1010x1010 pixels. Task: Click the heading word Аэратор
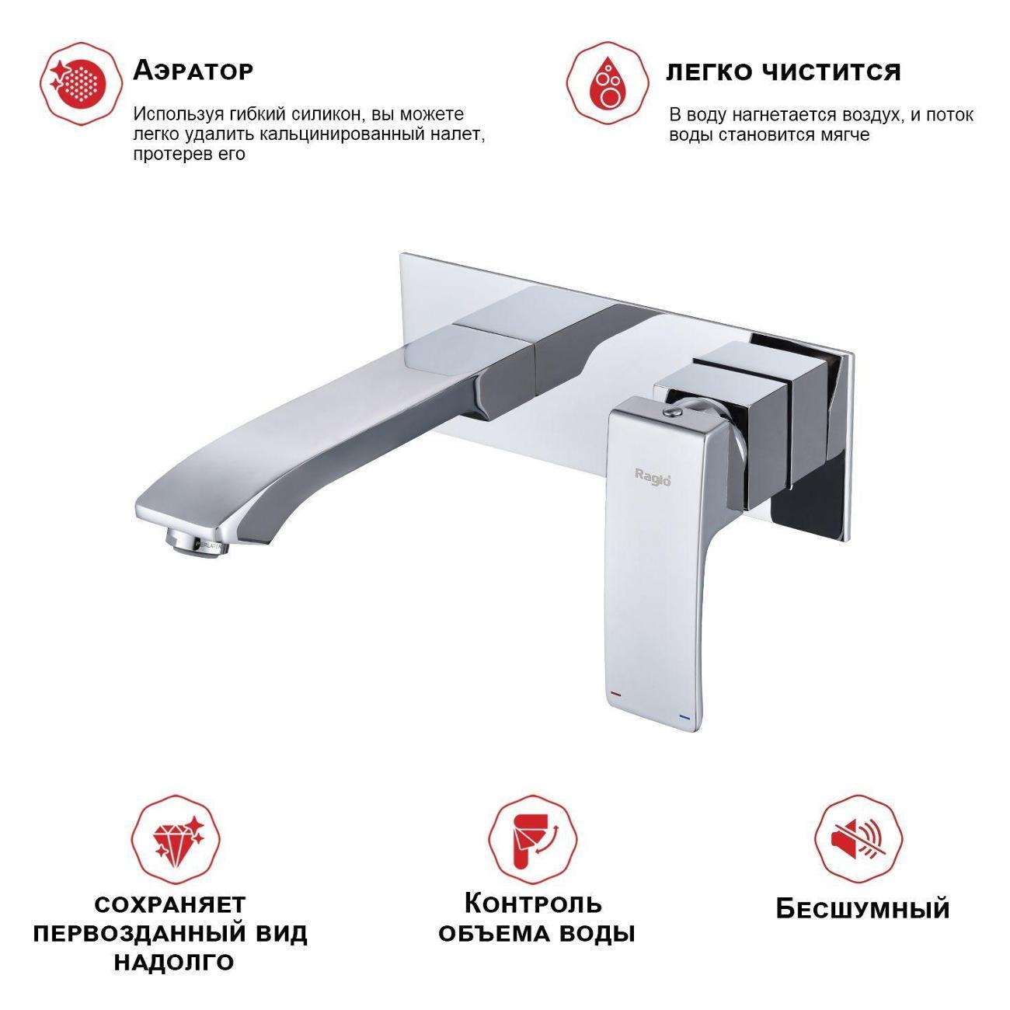(x=193, y=70)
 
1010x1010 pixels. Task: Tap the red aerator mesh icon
(x=81, y=84)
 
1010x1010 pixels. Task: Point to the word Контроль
(x=533, y=903)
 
